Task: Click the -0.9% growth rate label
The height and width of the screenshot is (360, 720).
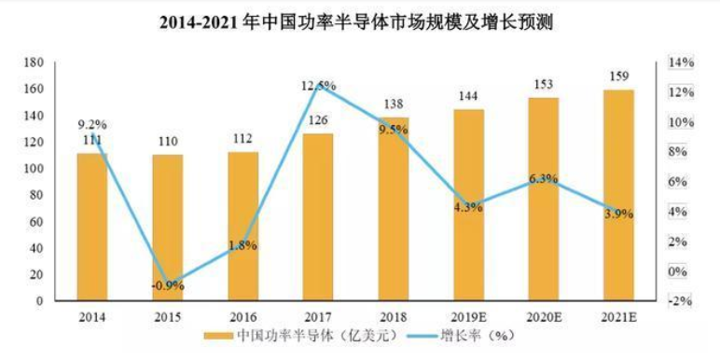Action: (168, 286)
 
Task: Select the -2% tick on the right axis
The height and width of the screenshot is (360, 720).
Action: (680, 301)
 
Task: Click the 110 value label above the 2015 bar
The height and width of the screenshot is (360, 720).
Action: (167, 142)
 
